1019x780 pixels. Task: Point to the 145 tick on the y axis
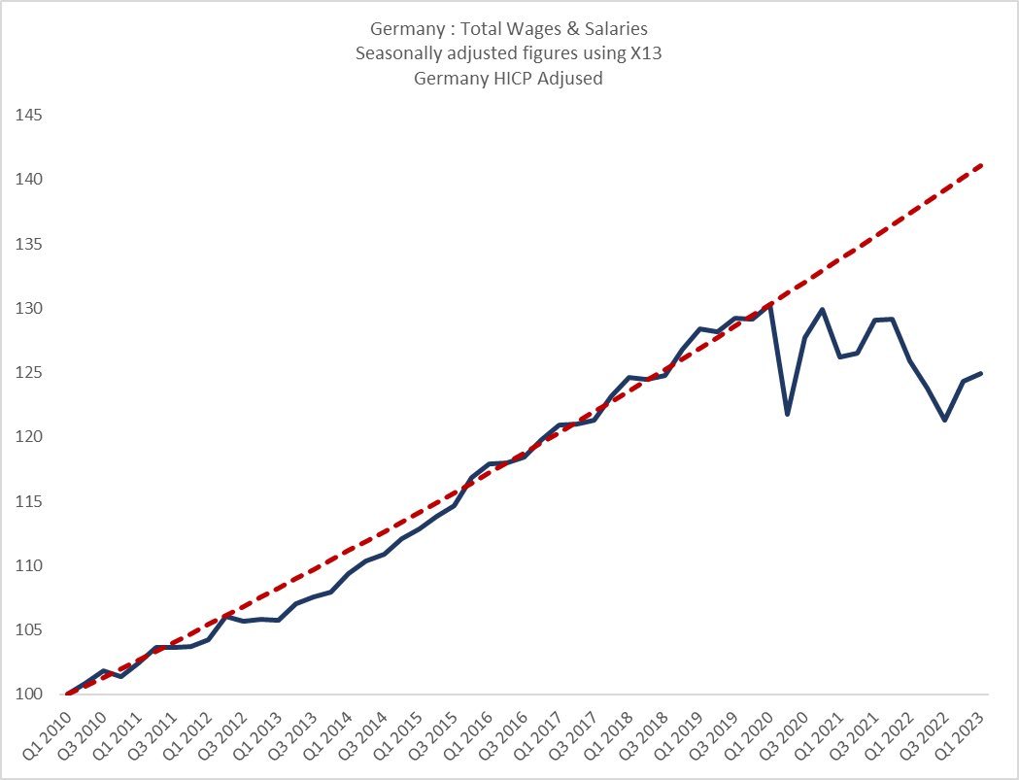coord(29,116)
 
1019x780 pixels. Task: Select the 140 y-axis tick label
coord(29,180)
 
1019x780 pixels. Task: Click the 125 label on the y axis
coord(29,373)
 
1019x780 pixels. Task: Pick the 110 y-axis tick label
coord(29,566)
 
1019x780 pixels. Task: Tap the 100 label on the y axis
coord(29,695)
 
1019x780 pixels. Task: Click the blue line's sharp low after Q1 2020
coord(788,415)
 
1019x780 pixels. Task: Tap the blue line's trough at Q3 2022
coord(945,421)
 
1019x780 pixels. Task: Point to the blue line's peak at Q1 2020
coord(770,307)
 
